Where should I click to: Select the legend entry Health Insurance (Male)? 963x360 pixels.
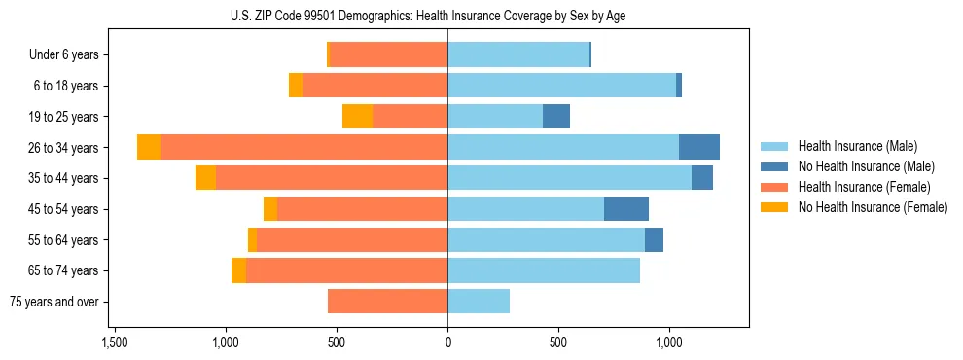tap(857, 146)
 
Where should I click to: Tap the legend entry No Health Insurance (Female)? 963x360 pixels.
tap(873, 207)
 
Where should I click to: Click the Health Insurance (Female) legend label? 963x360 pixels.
tap(865, 187)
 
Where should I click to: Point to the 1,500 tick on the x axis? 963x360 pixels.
tap(115, 342)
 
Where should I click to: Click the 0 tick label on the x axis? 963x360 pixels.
tap(447, 342)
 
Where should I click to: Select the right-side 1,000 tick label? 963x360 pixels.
tap(669, 342)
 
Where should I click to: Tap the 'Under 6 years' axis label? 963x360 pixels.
tap(64, 55)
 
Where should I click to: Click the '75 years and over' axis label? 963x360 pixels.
tap(54, 302)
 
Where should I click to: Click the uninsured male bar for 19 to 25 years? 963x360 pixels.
tap(556, 117)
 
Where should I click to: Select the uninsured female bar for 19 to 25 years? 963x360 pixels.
tap(357, 117)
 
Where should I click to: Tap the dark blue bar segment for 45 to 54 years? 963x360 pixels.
tap(626, 209)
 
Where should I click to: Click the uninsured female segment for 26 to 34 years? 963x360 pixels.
tap(149, 147)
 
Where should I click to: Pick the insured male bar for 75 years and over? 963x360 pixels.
tap(479, 302)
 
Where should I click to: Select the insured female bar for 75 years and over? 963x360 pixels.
tap(387, 302)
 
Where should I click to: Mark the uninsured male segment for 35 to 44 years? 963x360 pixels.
tap(702, 178)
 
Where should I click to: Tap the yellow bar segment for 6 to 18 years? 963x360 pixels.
tap(296, 86)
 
